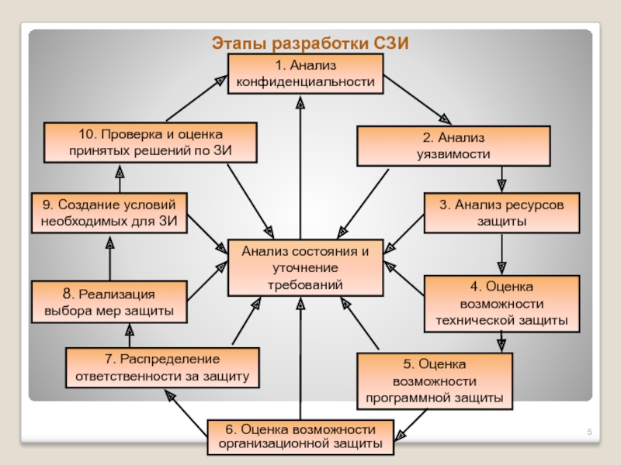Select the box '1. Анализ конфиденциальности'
click(x=305, y=74)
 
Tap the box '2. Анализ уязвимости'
click(x=453, y=146)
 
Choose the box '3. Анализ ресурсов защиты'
click(x=501, y=212)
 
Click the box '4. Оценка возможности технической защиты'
click(x=501, y=303)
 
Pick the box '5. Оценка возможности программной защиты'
click(x=434, y=381)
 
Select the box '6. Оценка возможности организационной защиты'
click(x=300, y=437)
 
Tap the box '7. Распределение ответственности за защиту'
click(x=162, y=369)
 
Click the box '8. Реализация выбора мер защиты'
click(x=109, y=303)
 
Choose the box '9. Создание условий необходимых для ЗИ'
click(x=109, y=213)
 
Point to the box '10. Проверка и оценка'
click(x=150, y=143)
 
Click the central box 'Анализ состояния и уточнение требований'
click(x=305, y=268)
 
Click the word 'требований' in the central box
click(x=305, y=284)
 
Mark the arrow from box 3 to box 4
click(x=501, y=254)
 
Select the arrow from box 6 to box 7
click(x=186, y=406)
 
